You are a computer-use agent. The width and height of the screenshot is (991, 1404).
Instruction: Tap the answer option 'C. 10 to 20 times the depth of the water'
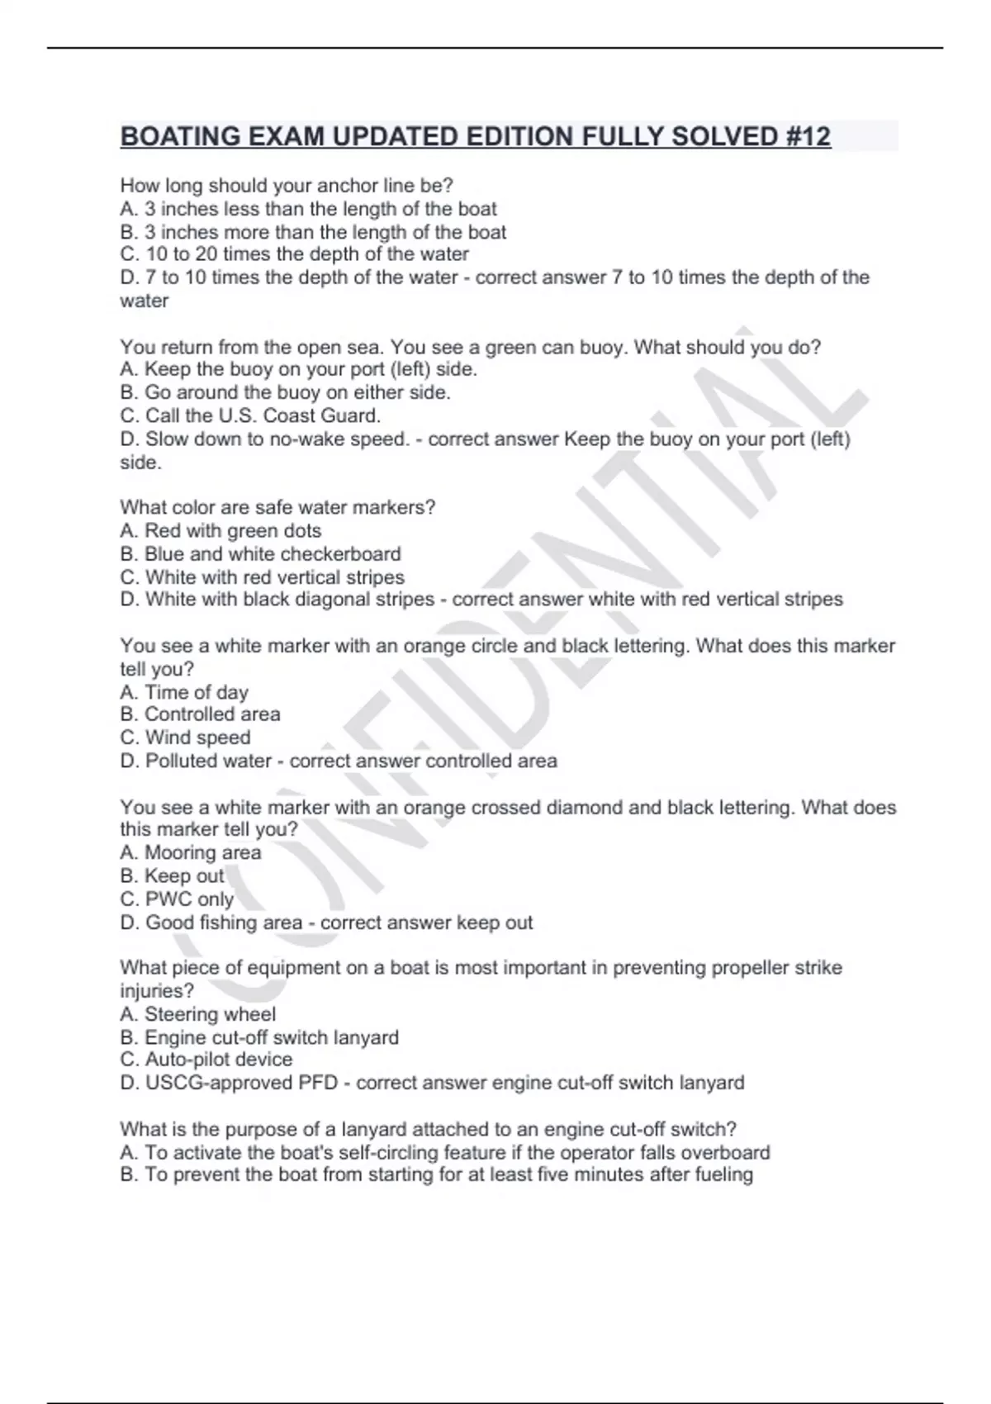coord(294,254)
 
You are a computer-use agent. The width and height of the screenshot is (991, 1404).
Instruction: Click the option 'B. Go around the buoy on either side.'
coord(285,392)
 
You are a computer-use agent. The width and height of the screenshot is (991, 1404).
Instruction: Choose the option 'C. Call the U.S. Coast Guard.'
coord(250,415)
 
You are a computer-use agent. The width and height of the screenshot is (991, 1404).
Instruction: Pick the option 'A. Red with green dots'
coord(220,530)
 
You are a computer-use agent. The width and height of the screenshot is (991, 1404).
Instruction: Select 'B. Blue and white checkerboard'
coord(260,553)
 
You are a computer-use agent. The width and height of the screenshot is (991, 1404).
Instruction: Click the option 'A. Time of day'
coord(184,692)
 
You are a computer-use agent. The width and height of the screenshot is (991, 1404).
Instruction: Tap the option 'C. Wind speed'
coord(185,738)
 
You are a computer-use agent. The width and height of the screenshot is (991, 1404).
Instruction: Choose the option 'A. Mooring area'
coord(191,852)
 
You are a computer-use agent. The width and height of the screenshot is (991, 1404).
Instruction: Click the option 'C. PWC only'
coord(177,899)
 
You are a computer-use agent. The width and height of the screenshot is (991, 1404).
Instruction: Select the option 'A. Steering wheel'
coord(198,1014)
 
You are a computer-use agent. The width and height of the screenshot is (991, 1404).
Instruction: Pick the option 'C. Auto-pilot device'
coord(206,1060)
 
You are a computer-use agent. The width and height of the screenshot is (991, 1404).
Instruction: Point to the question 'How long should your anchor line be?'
coord(287,186)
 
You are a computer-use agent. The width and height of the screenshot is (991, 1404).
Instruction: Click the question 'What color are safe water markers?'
coord(277,507)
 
